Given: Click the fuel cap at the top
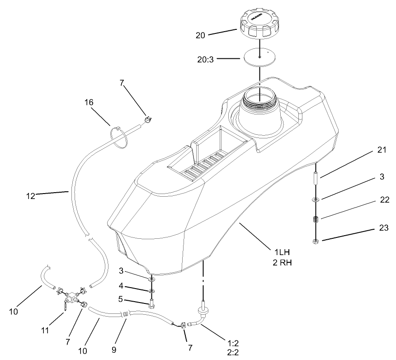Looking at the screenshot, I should [259, 27].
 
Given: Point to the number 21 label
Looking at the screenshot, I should [382, 150].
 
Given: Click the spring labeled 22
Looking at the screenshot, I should [316, 220].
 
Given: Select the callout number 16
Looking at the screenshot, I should [89, 103].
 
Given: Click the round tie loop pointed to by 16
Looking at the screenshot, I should [119, 137].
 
